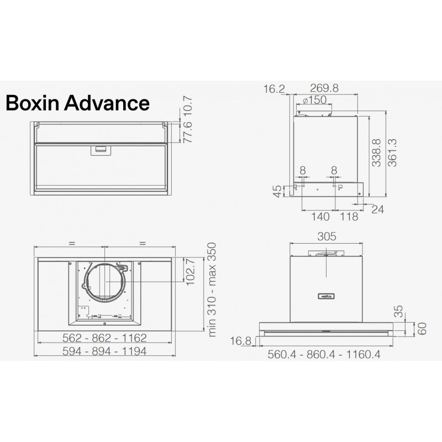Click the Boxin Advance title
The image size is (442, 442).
[x=77, y=103]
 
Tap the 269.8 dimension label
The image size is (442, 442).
[x=324, y=88]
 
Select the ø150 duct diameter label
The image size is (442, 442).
[x=314, y=100]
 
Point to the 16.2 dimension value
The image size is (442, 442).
[x=274, y=89]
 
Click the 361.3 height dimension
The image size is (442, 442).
[x=392, y=152]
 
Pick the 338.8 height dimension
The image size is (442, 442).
[x=377, y=152]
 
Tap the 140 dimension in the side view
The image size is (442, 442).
[x=320, y=217]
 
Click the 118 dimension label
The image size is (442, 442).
[x=349, y=217]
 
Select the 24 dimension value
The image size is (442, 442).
[x=378, y=209]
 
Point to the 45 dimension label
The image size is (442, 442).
[x=278, y=191]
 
